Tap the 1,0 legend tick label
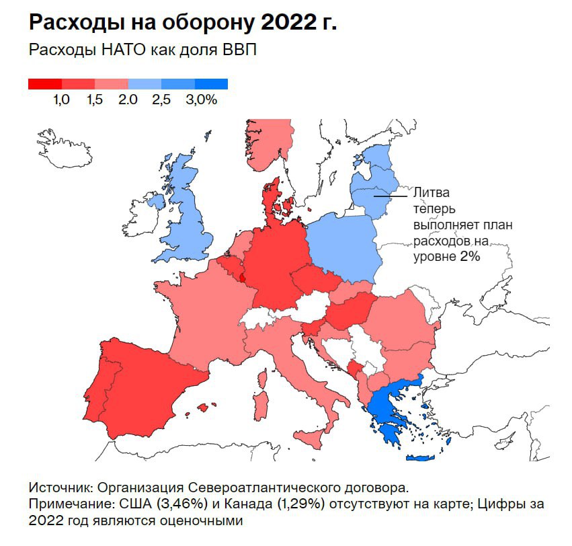coord(62,100)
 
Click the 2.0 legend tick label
coord(128,100)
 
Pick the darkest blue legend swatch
coord(211,84)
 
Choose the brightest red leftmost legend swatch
coord(45,84)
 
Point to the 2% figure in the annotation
coord(469,256)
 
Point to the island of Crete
coord(420,459)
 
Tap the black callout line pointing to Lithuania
coord(391,196)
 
